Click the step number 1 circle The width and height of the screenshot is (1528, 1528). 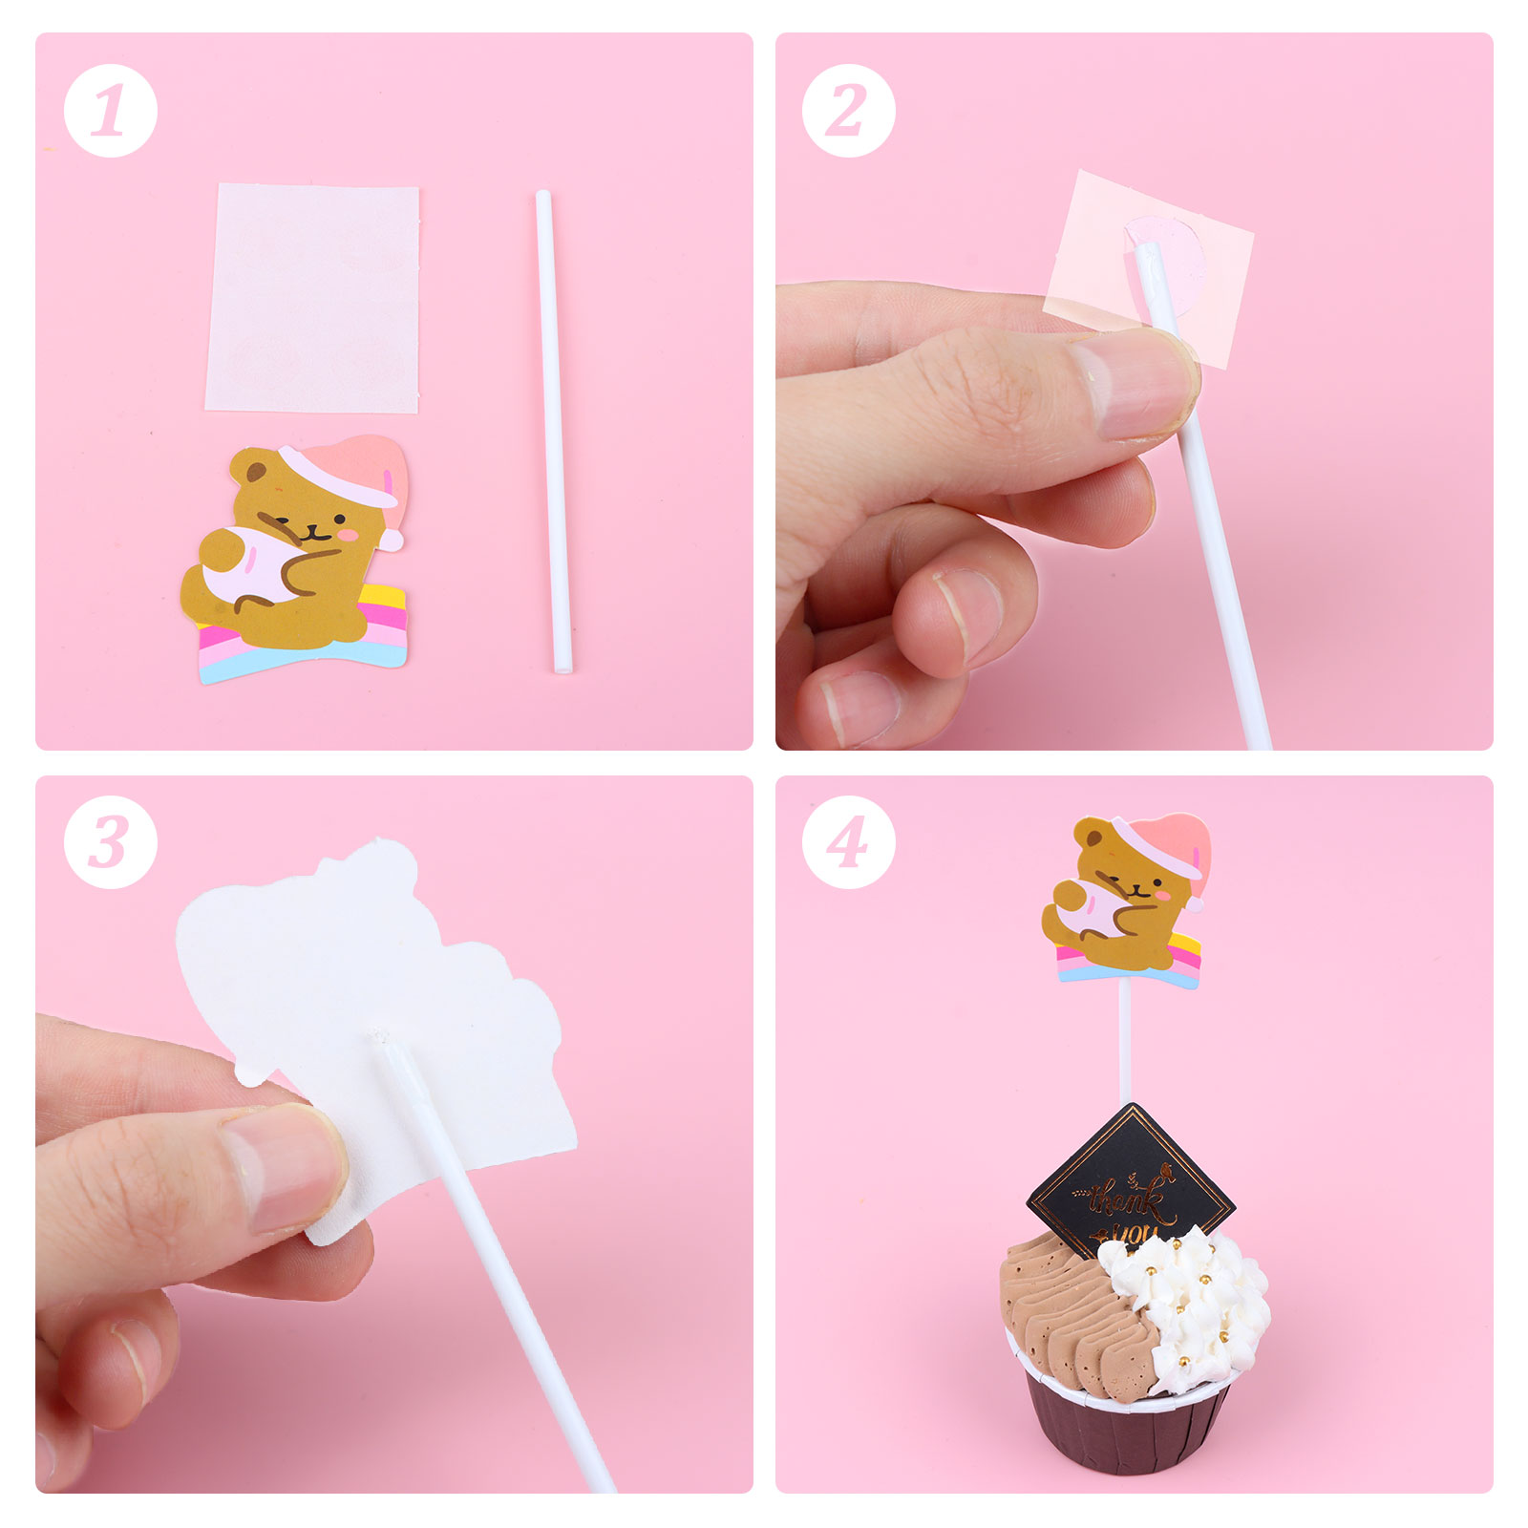tap(110, 111)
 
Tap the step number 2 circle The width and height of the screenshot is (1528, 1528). tap(849, 111)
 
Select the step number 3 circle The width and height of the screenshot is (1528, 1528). tap(110, 842)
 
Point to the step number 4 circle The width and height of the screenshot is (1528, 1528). tap(849, 842)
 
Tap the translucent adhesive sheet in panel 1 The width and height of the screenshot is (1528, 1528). tap(312, 298)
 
